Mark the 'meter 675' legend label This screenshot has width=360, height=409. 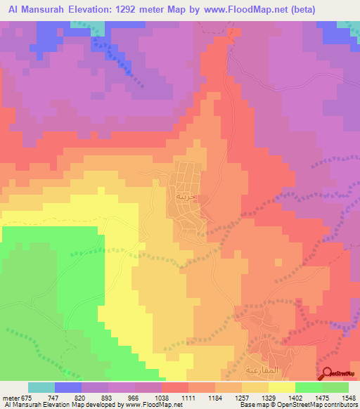click(x=18, y=397)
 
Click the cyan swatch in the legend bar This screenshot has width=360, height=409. click(x=41, y=387)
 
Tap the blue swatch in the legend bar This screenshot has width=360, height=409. click(x=68, y=387)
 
